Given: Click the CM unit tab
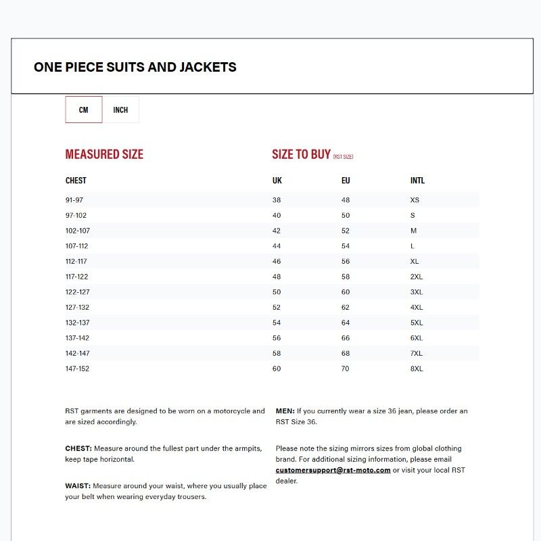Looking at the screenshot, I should [x=84, y=110].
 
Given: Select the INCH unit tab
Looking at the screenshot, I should [x=120, y=110].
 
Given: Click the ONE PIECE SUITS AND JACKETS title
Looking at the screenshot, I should [x=135, y=67].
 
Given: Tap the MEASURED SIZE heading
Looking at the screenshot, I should [x=104, y=154].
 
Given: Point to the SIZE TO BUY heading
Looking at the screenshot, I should [x=301, y=154].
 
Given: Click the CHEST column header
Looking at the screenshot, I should [x=76, y=181].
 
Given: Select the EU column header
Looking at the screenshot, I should [x=346, y=181].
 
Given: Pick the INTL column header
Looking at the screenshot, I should [x=417, y=181].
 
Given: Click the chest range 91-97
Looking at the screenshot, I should [x=74, y=200].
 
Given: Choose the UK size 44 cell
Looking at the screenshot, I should [x=277, y=246].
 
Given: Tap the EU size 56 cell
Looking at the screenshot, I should [x=346, y=262].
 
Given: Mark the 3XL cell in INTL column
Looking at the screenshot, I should [x=417, y=292].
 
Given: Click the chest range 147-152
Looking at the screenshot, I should [x=77, y=369].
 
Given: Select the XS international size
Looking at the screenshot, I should [x=415, y=200].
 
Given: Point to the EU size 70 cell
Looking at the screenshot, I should [x=346, y=369].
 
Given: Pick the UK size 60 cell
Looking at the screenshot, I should [x=277, y=369].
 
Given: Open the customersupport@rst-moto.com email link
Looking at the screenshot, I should [x=333, y=470].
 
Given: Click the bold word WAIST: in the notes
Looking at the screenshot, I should [x=78, y=486].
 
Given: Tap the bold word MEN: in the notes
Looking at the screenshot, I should [x=285, y=410].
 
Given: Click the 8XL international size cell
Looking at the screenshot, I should [x=417, y=369].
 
